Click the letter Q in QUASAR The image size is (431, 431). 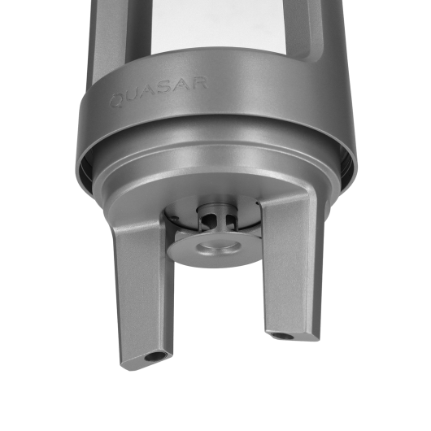[117, 101]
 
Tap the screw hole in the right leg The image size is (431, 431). [281, 336]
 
